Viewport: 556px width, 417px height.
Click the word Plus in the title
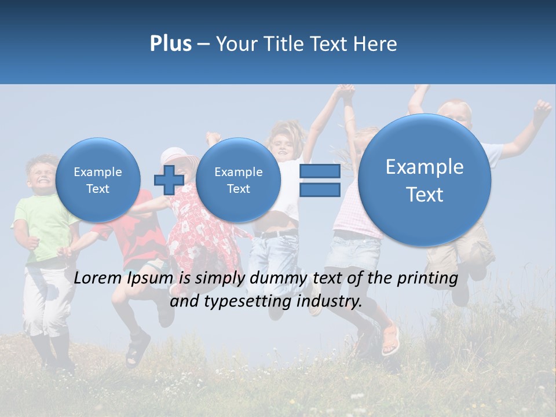coord(170,44)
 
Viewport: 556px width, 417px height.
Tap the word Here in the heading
coord(376,44)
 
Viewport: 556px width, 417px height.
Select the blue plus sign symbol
coord(169,180)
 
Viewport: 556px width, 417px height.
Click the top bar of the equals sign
coord(320,171)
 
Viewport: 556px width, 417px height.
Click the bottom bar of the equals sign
coord(320,191)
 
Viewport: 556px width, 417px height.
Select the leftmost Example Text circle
coord(98,180)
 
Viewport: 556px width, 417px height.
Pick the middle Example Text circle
coord(238,180)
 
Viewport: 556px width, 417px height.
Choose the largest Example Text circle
coord(425,180)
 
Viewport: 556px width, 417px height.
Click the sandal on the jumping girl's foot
coord(391,342)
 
